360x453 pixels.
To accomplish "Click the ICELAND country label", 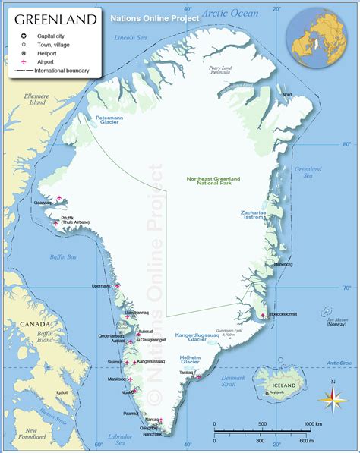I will click(282, 385).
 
